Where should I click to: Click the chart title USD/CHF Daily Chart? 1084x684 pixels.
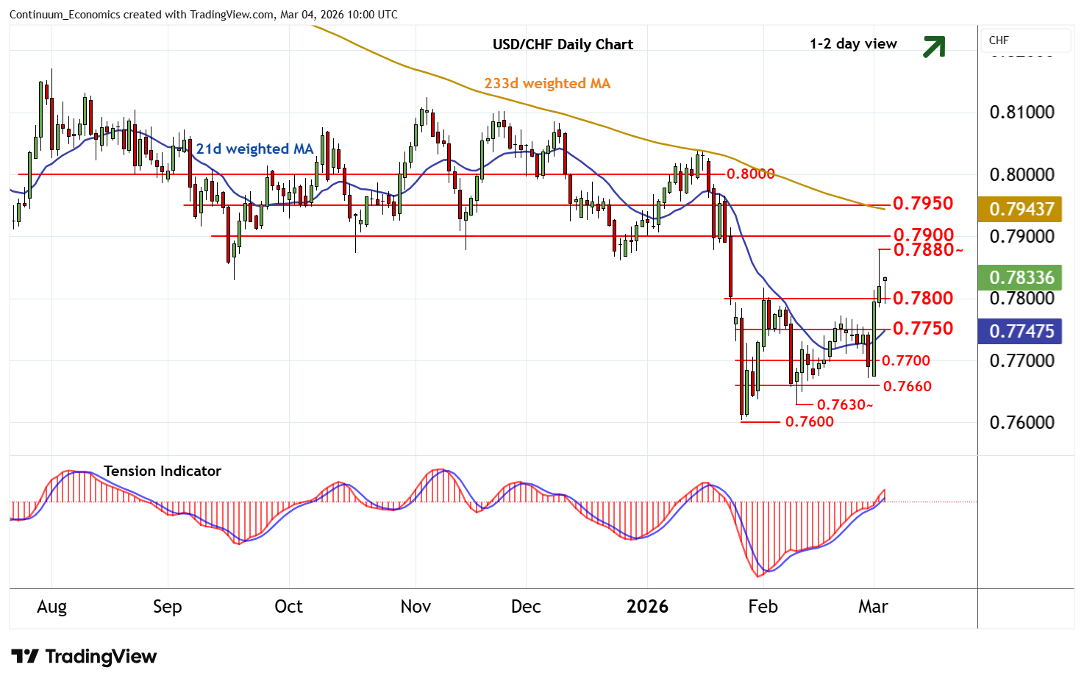(563, 44)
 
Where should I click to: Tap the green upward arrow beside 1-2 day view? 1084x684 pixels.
(934, 46)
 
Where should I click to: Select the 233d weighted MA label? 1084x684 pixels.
(547, 84)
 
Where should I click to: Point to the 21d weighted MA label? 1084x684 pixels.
(254, 149)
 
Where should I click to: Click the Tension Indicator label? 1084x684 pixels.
(162, 471)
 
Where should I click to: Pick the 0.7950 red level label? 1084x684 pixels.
(922, 204)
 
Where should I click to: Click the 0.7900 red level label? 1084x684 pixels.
(923, 235)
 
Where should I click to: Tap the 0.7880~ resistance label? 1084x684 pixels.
(927, 250)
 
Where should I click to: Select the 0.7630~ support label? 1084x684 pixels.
(845, 405)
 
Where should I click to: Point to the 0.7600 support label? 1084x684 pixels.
(809, 422)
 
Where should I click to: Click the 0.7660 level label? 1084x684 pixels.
(907, 386)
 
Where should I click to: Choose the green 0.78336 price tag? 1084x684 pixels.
(1021, 277)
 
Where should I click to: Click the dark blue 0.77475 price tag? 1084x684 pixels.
(1021, 331)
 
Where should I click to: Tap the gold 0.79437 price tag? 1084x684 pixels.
(1021, 209)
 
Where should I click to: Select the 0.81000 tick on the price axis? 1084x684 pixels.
(1021, 113)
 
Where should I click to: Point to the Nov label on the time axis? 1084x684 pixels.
(416, 607)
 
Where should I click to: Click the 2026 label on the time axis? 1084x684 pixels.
(647, 607)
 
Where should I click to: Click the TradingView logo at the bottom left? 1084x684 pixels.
(84, 656)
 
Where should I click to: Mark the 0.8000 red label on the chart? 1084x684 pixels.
(750, 174)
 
